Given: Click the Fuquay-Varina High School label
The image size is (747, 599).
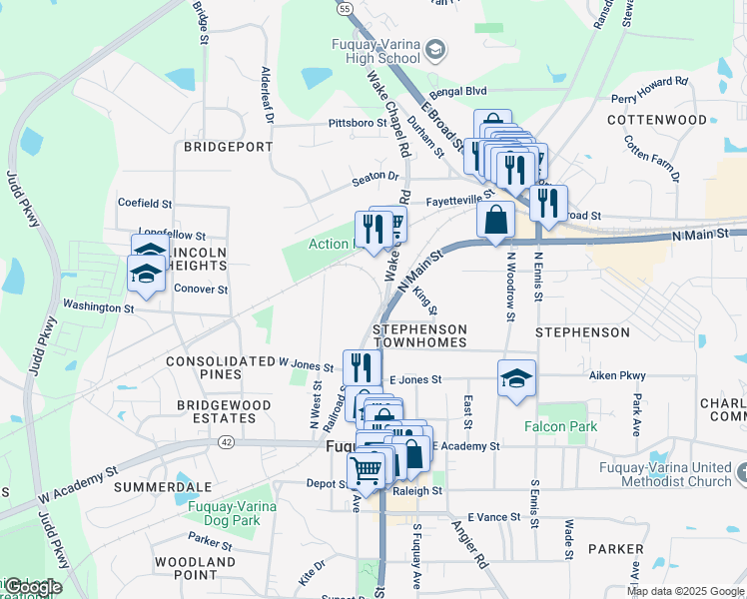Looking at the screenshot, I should [x=375, y=50].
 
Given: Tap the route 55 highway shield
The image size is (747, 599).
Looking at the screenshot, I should [x=345, y=8].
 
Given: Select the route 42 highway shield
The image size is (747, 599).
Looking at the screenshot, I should [x=229, y=441].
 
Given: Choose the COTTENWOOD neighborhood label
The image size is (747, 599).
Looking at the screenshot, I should [x=658, y=120].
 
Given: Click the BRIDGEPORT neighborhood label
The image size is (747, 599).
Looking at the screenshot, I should [x=228, y=146].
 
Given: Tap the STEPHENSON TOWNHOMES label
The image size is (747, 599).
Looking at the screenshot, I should [x=419, y=335].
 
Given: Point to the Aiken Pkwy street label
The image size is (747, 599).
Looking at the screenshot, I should [x=617, y=375].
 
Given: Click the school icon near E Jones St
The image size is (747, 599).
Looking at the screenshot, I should [x=516, y=378].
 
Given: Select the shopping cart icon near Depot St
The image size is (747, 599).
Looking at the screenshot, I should [x=367, y=469].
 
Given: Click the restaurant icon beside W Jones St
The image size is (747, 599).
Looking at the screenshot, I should [x=362, y=366].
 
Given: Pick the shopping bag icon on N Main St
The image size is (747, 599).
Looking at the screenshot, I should [x=495, y=220].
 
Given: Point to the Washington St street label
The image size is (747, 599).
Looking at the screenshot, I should [x=98, y=307].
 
